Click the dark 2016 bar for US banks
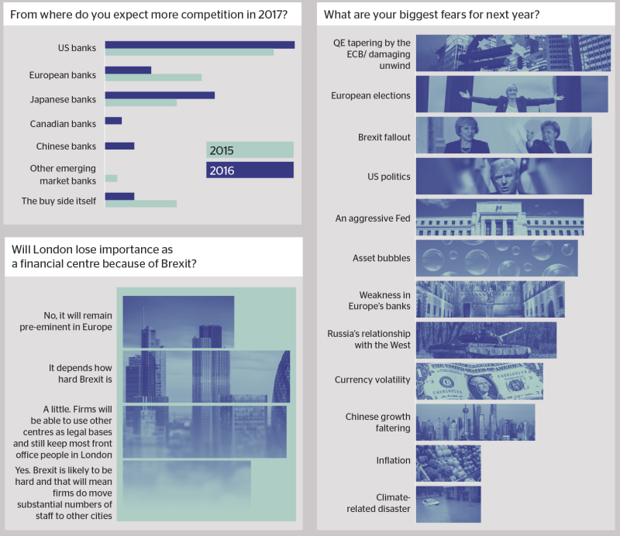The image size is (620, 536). point(200,45)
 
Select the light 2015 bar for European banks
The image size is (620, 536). point(153,77)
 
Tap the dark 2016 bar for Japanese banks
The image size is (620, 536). point(160,95)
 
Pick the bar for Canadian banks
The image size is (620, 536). point(113,121)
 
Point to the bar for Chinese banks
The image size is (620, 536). point(120,146)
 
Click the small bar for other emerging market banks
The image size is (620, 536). point(111,178)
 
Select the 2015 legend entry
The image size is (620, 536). point(250,149)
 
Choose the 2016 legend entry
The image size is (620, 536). point(250,170)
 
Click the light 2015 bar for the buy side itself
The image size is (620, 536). point(141,204)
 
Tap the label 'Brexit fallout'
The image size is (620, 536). point(384,137)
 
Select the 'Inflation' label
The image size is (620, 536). point(393,461)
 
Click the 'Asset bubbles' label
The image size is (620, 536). point(381,258)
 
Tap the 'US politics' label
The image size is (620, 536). point(389,177)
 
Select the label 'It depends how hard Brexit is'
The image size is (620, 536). point(81,373)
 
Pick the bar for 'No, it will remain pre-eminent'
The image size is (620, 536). point(178,321)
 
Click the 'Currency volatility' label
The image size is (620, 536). point(372,380)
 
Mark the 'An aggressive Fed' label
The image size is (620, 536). point(373,218)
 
